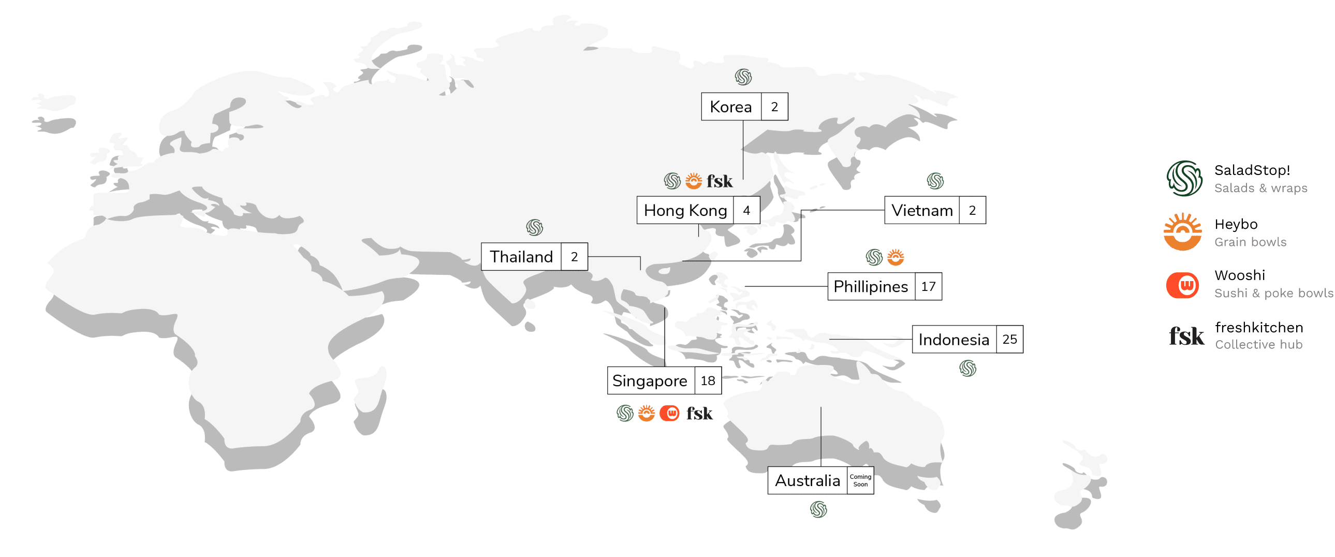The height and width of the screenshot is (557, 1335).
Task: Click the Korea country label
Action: [731, 107]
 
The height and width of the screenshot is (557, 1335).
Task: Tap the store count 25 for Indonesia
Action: [1009, 340]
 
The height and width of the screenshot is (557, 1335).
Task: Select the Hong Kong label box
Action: [685, 210]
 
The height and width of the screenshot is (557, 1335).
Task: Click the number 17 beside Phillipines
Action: [928, 287]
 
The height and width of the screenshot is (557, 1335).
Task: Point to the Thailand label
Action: [521, 256]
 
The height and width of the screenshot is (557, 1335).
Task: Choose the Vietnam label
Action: [922, 210]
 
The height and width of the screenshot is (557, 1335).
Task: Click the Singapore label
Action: [650, 381]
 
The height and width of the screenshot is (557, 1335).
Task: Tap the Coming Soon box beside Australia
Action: [860, 480]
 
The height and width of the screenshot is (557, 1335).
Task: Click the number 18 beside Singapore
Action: [708, 381]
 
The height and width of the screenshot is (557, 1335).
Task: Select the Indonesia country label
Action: [953, 340]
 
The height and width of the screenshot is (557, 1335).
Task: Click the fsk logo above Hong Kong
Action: [720, 181]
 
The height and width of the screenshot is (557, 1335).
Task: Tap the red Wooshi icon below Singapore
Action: [670, 413]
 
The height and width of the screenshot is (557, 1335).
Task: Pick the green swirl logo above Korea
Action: [743, 77]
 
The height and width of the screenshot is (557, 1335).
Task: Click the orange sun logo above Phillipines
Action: [896, 257]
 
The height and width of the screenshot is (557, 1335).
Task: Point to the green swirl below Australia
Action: [818, 509]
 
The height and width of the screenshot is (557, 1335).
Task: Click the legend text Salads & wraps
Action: [1260, 188]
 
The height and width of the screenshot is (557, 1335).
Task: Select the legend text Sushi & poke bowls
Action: [1273, 294]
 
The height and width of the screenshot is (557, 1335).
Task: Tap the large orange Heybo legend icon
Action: [1182, 231]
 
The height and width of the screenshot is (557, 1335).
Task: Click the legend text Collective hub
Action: [1258, 345]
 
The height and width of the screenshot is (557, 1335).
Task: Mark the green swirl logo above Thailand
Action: [534, 227]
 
